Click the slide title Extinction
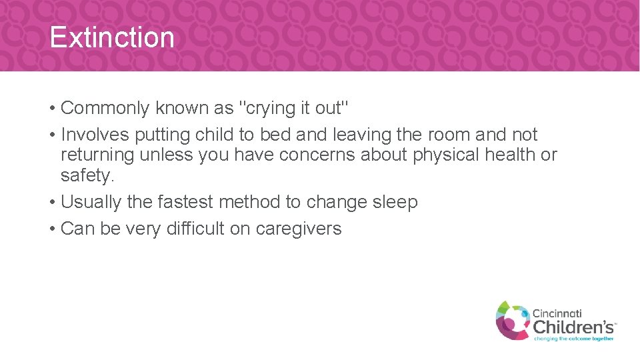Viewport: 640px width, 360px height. point(111,37)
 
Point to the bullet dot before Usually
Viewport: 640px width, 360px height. point(51,203)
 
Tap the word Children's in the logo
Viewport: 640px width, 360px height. point(573,327)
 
